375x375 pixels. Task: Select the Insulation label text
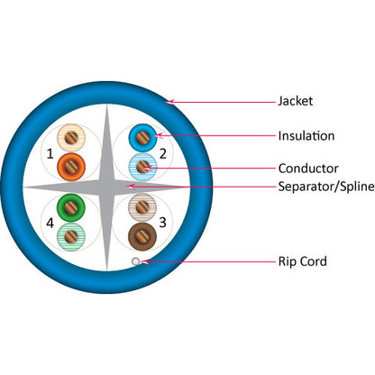[306, 136]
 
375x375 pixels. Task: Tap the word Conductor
[306, 168]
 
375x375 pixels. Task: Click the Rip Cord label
[303, 262]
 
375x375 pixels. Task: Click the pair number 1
[50, 154]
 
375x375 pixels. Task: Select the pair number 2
[163, 153]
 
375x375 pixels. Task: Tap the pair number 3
[163, 222]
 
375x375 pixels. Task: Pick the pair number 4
[50, 222]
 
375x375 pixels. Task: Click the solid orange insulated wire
[72, 166]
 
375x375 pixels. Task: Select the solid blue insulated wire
[142, 137]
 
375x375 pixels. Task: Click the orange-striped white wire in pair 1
[71, 138]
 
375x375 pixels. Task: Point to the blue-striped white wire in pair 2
[142, 166]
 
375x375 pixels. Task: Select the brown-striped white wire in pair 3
[142, 206]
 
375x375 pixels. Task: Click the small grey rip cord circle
[135, 261]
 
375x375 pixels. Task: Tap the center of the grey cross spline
[106, 187]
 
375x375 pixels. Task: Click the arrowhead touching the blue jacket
[169, 99]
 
